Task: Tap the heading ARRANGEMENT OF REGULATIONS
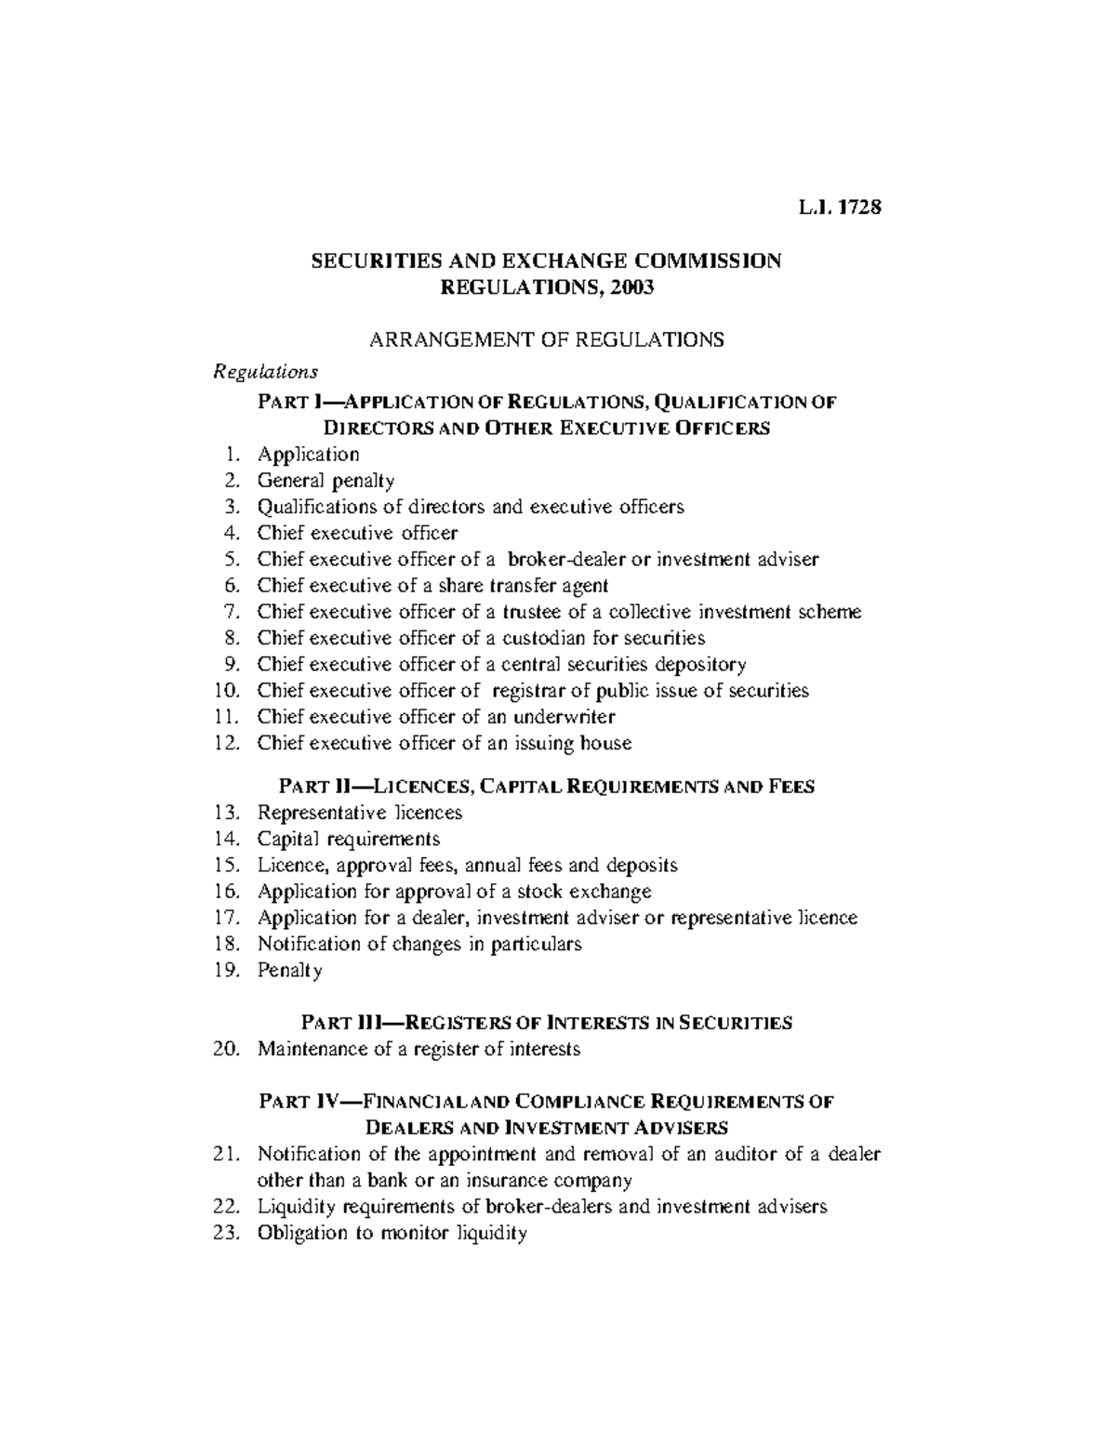(547, 339)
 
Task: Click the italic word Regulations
(266, 372)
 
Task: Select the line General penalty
(325, 481)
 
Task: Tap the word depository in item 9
(700, 664)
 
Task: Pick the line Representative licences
(359, 813)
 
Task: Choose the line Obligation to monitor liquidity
(392, 1234)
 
